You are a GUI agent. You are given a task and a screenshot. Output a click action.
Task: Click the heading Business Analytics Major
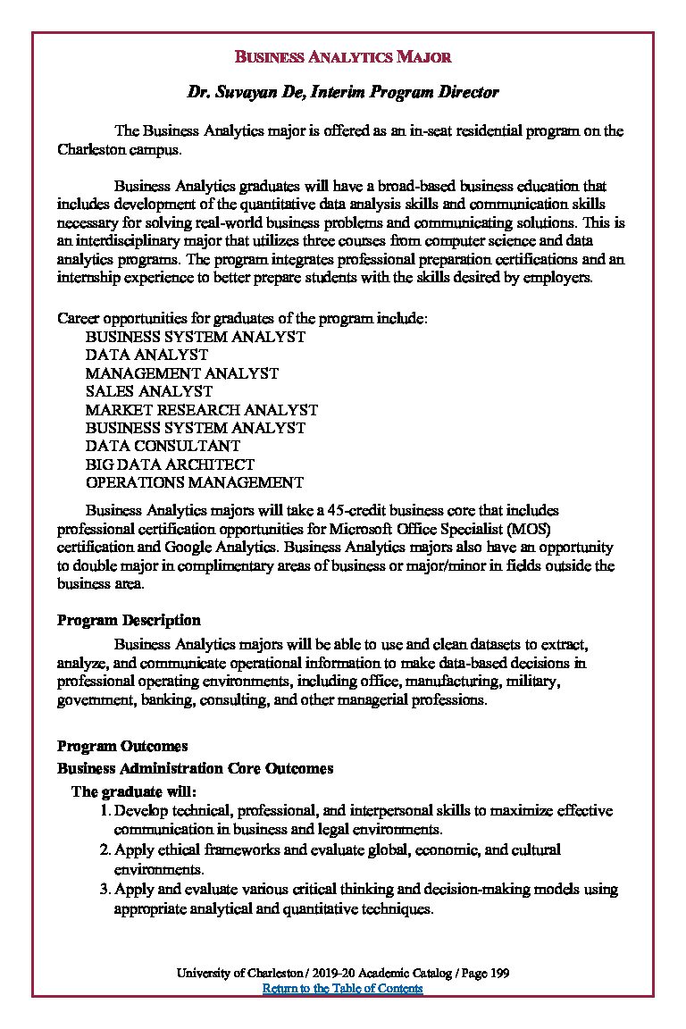click(x=342, y=57)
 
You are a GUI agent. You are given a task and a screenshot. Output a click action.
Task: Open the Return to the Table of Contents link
click(x=342, y=989)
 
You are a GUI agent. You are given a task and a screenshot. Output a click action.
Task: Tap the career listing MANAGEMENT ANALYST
click(x=181, y=373)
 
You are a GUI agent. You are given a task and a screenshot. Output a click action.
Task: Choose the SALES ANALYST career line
click(x=149, y=391)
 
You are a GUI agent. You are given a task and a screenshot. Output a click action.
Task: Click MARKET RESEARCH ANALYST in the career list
click(x=201, y=410)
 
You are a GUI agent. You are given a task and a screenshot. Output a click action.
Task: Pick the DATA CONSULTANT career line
click(x=163, y=446)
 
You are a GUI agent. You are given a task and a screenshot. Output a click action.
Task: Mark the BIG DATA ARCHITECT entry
click(x=170, y=464)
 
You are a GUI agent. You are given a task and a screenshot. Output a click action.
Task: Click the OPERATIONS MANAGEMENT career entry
click(x=194, y=482)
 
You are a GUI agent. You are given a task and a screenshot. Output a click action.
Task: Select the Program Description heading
click(x=129, y=620)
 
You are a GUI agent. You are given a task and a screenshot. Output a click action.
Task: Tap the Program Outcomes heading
click(x=122, y=746)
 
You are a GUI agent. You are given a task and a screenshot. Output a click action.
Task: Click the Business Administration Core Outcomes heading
click(x=195, y=768)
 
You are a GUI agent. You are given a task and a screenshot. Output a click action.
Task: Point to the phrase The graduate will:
click(x=133, y=791)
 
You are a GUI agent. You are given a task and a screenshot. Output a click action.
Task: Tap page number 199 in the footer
click(x=499, y=973)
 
